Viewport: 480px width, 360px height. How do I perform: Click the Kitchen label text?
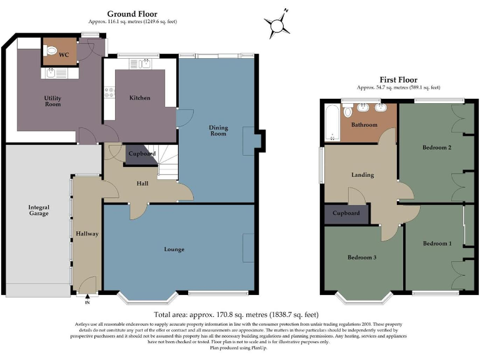(140, 98)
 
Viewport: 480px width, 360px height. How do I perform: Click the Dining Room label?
(217, 131)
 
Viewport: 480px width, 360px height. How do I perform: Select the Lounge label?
(174, 249)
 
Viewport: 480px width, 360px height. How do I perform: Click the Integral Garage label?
(39, 211)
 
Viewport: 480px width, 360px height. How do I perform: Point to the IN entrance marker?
(87, 303)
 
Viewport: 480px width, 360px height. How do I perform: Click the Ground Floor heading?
(132, 13)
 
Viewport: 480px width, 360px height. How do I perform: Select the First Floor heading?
(398, 79)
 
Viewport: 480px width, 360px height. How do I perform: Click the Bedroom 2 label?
(436, 147)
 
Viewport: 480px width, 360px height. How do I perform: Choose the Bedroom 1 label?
(436, 243)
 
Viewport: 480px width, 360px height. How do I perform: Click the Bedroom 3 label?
(362, 257)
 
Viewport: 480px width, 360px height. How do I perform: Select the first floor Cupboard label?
(346, 213)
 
